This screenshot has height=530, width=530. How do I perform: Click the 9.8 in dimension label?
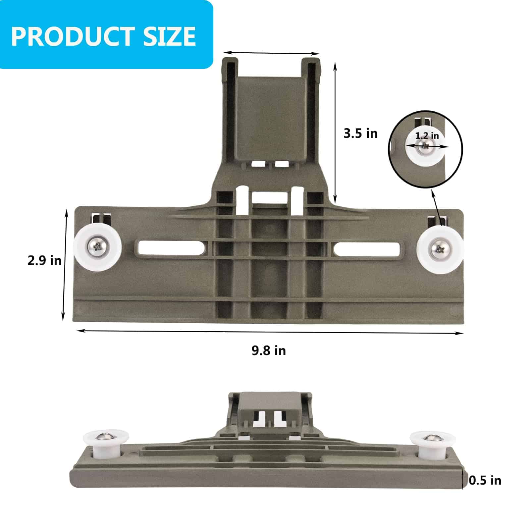[269, 350]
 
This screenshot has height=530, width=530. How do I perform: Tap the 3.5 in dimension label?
[360, 133]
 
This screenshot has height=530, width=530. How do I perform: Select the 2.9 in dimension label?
[44, 260]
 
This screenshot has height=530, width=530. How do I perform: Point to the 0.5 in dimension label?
[485, 480]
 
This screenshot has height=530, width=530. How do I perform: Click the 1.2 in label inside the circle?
[427, 136]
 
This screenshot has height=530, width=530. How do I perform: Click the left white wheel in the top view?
[97, 247]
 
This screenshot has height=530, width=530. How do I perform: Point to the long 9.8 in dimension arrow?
[270, 332]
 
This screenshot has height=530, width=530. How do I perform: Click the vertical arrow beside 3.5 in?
[335, 132]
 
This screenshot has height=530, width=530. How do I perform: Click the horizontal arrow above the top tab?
[272, 53]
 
